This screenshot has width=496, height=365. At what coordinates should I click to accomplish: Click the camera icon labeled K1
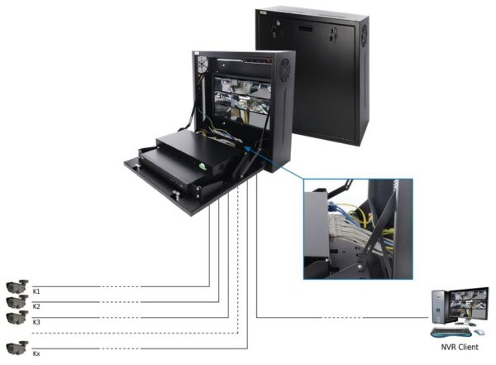17,286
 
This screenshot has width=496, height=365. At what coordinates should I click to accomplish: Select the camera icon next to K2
17,301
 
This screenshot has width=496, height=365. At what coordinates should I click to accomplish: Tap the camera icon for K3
17,317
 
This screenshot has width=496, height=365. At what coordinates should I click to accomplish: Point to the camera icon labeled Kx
17,348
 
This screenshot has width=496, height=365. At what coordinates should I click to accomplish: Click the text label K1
36,291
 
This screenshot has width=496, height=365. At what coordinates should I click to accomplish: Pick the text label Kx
36,353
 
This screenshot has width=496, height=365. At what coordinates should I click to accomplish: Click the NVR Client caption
460,347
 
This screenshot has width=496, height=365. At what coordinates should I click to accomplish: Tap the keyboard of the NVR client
451,333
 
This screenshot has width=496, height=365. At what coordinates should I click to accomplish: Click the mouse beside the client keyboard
479,332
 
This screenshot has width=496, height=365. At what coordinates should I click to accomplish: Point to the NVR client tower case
441,307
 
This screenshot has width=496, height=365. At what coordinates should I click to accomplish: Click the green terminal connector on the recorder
202,166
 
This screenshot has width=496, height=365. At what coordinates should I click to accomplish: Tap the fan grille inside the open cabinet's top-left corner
203,65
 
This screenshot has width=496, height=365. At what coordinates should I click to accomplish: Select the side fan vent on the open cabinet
285,70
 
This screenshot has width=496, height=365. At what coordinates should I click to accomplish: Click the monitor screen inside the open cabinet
242,99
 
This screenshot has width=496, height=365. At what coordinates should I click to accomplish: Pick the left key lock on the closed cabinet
276,28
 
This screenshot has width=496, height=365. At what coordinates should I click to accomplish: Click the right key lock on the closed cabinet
333,34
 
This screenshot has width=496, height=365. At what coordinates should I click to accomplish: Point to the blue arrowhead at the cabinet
248,149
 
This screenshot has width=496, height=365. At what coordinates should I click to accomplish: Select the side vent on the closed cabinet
365,35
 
